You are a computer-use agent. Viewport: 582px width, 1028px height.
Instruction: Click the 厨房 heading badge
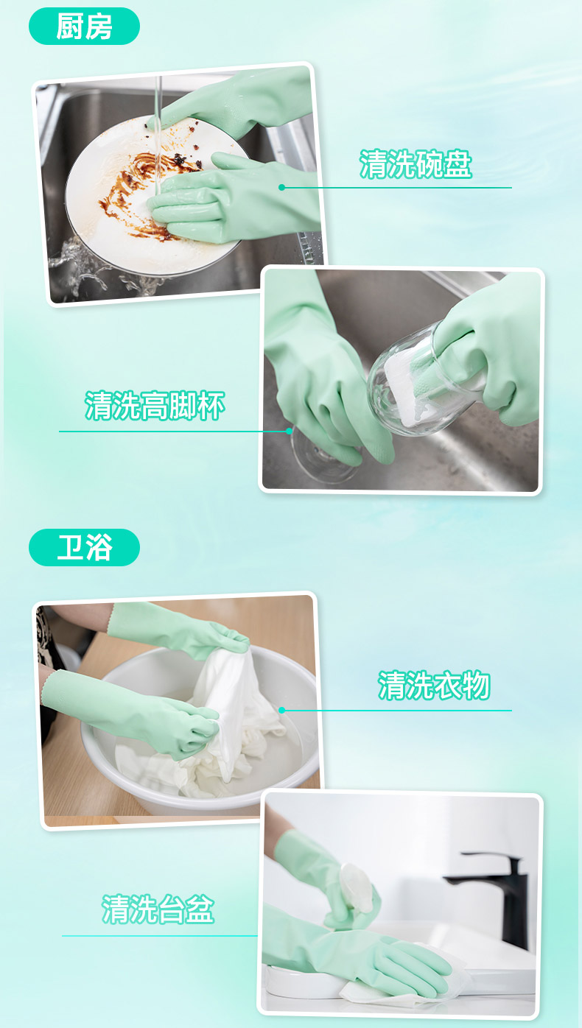coord(84,27)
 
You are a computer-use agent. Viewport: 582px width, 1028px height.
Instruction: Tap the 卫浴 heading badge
coord(84,547)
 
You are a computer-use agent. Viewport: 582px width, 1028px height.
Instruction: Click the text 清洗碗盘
coord(416,163)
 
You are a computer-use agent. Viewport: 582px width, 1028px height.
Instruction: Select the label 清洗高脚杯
coord(155,406)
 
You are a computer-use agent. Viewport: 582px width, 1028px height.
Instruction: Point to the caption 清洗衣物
coord(434,685)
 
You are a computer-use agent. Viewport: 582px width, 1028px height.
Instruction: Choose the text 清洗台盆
coord(158,909)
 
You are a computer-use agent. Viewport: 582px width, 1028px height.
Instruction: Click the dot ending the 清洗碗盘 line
coord(281,187)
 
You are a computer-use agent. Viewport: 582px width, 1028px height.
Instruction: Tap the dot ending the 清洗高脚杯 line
coord(290,431)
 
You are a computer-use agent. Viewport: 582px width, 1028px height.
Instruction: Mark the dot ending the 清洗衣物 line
coord(282,710)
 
